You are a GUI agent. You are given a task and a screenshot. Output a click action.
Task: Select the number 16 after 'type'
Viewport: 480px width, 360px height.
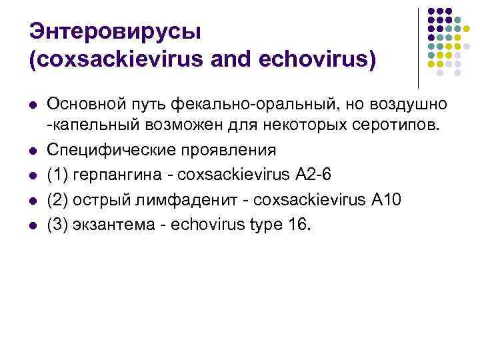[x=299, y=225]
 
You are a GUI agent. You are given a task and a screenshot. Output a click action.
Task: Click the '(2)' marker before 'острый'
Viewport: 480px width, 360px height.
[x=57, y=201]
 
